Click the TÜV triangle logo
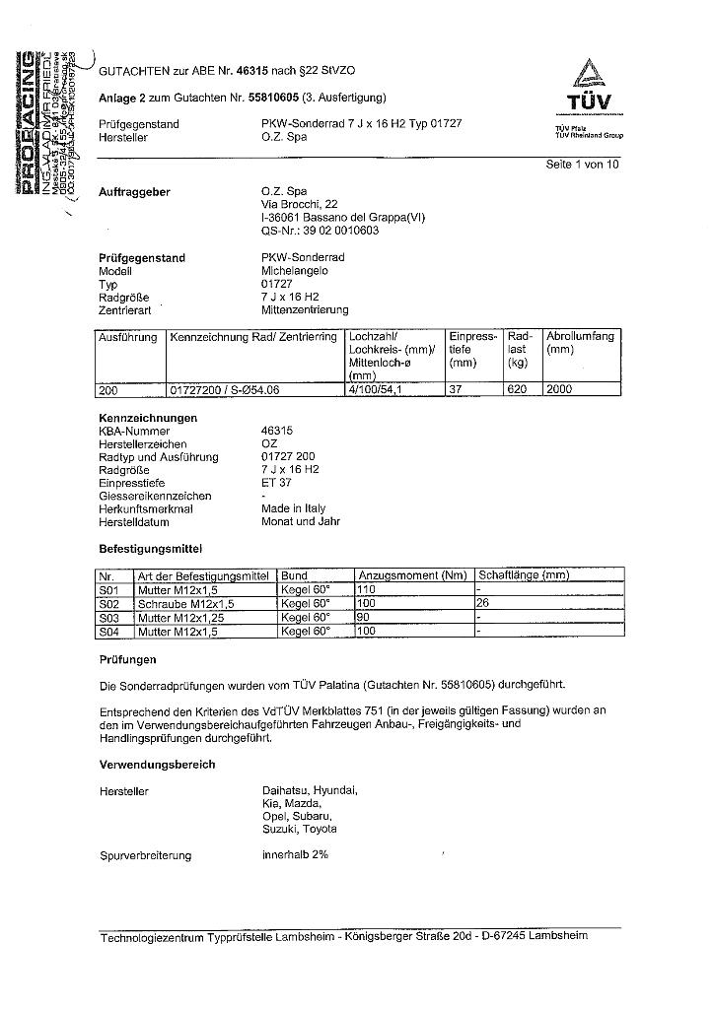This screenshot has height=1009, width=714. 589,75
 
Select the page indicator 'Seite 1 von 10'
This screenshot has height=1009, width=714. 582,166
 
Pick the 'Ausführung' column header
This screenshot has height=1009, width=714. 127,337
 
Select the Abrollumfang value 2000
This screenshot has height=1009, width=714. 560,390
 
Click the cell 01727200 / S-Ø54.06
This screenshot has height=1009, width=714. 225,390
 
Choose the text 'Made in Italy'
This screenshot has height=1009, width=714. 293,508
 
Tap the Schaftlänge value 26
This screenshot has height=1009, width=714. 484,603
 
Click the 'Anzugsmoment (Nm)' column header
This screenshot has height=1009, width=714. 412,575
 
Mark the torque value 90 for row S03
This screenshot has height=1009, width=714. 364,617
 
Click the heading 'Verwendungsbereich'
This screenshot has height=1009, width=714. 157,765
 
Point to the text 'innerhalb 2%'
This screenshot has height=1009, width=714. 295,854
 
